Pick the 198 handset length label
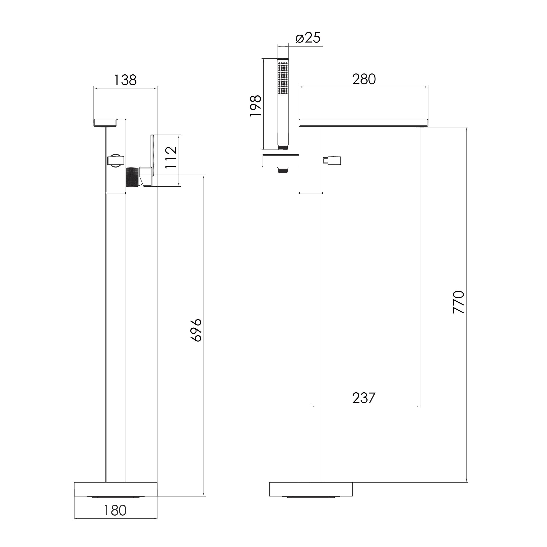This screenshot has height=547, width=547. pyautogui.click(x=256, y=106)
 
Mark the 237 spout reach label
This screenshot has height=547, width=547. pyautogui.click(x=364, y=398)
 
